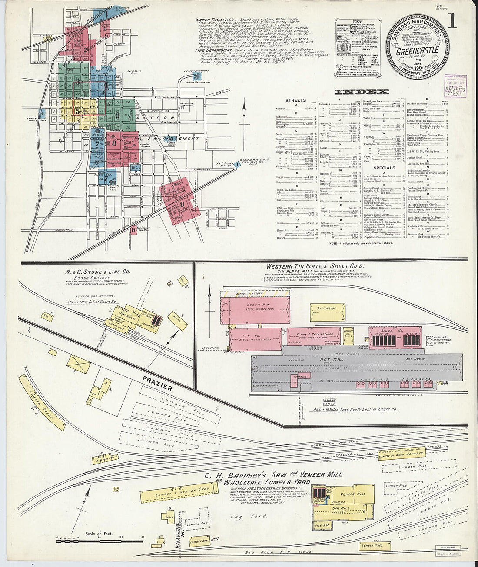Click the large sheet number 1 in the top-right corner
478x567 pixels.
(452, 20)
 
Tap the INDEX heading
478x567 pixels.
(362, 92)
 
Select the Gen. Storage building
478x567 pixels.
(327, 312)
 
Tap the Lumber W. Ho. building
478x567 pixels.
(375, 546)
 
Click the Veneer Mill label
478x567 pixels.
(352, 494)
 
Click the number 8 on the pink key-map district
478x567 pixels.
(114, 142)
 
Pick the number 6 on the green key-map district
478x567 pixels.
(117, 115)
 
